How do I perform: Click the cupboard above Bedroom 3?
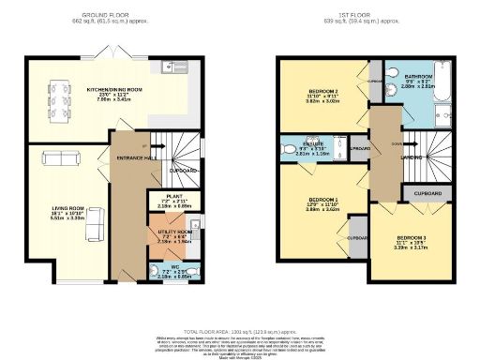[x=420, y=191]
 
